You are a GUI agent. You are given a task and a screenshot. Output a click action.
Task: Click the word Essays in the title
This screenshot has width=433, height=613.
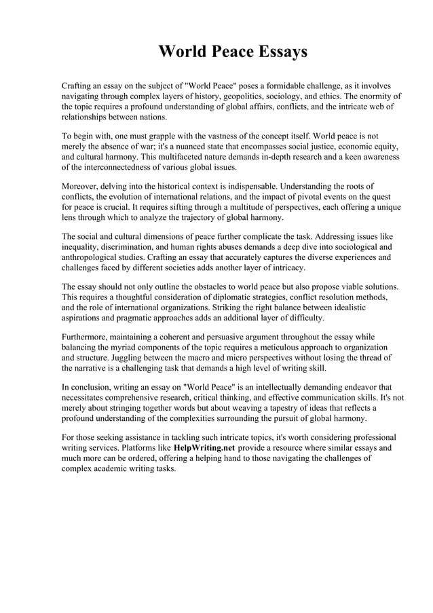click(x=276, y=52)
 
